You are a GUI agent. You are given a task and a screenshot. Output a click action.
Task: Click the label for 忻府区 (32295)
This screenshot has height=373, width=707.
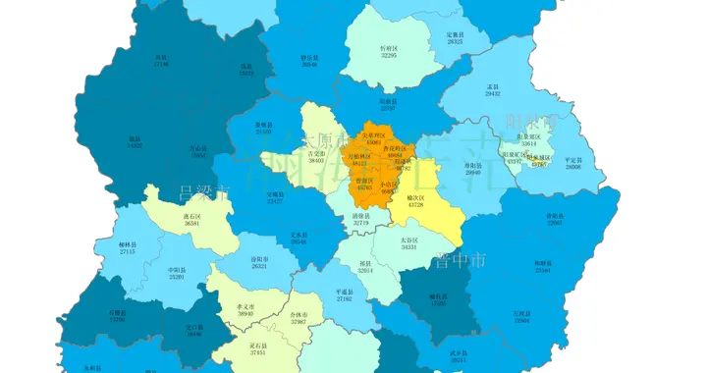389,51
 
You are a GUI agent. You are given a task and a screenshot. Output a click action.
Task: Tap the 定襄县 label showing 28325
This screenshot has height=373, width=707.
455,38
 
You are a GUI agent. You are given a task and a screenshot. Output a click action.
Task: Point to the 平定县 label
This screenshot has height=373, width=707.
573,163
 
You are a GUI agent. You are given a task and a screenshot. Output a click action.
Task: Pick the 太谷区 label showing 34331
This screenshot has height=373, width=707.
409,242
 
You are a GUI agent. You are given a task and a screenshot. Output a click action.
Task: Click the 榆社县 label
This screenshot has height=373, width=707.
437,299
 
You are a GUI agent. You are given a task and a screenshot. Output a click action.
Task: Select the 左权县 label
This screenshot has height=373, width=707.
521,316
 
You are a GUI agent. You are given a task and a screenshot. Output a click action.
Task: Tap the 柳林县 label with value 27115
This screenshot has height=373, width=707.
128,248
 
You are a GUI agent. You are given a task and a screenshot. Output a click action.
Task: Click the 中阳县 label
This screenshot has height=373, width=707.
177,273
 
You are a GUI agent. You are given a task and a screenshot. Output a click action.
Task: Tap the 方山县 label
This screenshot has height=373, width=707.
198,152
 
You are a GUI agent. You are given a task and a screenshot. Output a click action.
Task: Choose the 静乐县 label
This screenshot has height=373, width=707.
309,61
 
